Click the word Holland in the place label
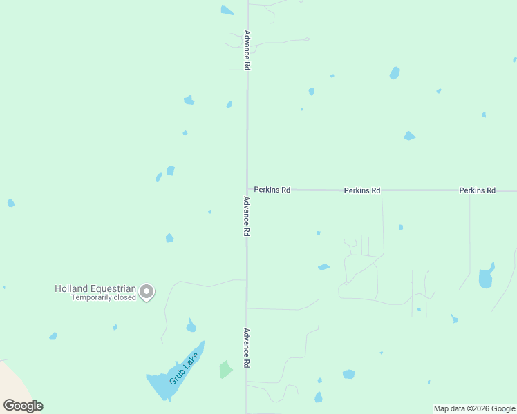(71, 288)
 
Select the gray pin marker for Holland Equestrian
(147, 292)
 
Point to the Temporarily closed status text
(95, 298)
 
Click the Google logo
(23, 406)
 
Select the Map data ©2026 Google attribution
(475, 408)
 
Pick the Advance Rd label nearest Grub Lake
(245, 347)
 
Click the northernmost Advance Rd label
(246, 50)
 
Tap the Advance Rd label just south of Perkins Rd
(245, 217)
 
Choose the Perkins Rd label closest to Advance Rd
(272, 190)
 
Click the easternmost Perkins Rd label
(477, 190)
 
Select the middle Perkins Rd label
(362, 190)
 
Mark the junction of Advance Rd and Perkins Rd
(247, 190)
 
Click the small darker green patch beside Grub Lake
(225, 369)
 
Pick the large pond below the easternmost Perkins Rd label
(486, 277)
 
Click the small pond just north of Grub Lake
(191, 326)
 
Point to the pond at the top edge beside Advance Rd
(227, 10)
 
